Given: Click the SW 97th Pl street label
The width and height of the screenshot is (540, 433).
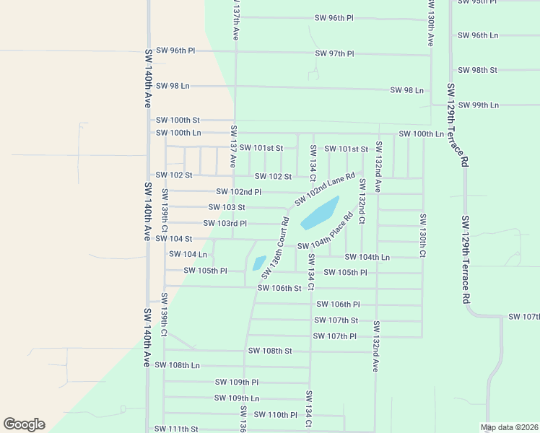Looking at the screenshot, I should (335, 54).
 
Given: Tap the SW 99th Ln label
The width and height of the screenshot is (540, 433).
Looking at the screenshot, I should (479, 105).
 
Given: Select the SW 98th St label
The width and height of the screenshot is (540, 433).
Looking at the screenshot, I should (477, 70).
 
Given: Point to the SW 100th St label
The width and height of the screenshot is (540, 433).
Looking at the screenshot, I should (178, 120).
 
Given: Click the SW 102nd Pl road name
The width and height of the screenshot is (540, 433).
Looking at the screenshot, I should (239, 192).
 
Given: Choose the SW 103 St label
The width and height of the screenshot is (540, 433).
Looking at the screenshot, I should (226, 207).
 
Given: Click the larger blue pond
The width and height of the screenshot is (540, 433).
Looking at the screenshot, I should (320, 213).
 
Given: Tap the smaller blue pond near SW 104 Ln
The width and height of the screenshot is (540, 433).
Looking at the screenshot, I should (258, 263).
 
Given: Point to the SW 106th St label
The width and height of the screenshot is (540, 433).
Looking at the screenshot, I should (279, 289).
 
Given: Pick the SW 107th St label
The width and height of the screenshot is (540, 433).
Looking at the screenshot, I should (336, 320).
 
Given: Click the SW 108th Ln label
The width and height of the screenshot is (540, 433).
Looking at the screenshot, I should (178, 365).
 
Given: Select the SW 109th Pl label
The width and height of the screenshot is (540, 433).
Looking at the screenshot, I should (237, 382).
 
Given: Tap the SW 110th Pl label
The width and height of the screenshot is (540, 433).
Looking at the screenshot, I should (276, 415).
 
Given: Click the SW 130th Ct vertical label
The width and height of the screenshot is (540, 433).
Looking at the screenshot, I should (422, 235).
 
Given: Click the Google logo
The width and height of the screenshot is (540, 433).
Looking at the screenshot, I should (24, 424).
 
